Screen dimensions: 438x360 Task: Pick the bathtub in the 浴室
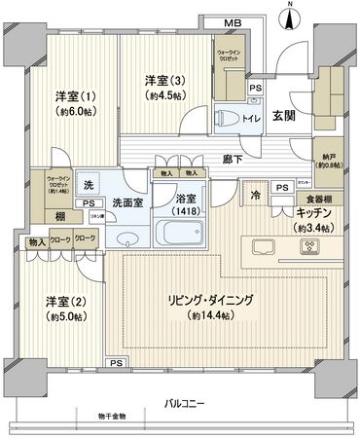tap(181, 232)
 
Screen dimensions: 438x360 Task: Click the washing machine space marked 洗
tap(88, 185)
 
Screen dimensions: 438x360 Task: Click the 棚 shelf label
tap(60, 215)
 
